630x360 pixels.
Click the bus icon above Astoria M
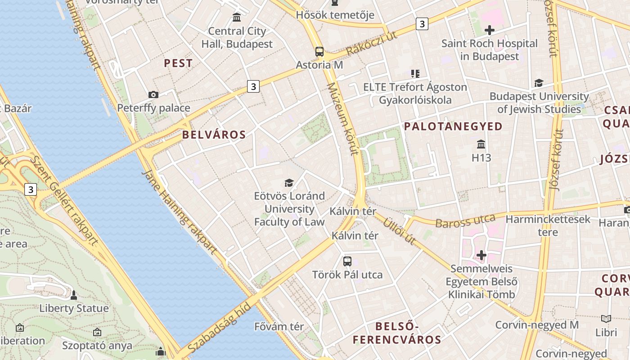(319, 52)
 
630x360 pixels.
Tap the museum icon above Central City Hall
(237, 18)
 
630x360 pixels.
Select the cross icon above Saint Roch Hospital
(489, 31)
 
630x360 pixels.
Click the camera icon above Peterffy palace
(153, 94)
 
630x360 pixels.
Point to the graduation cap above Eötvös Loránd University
(289, 183)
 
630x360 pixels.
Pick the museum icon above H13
(481, 144)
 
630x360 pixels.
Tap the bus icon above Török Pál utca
(347, 261)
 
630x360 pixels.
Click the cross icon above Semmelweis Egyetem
(481, 255)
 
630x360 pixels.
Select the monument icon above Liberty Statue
(74, 295)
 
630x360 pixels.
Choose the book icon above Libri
(606, 319)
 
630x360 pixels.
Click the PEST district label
(178, 63)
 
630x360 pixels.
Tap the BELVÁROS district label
(214, 135)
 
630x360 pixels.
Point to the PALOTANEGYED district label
(453, 126)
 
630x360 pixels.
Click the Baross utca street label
(465, 220)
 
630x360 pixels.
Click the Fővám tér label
(279, 326)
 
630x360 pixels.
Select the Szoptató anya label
(97, 346)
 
